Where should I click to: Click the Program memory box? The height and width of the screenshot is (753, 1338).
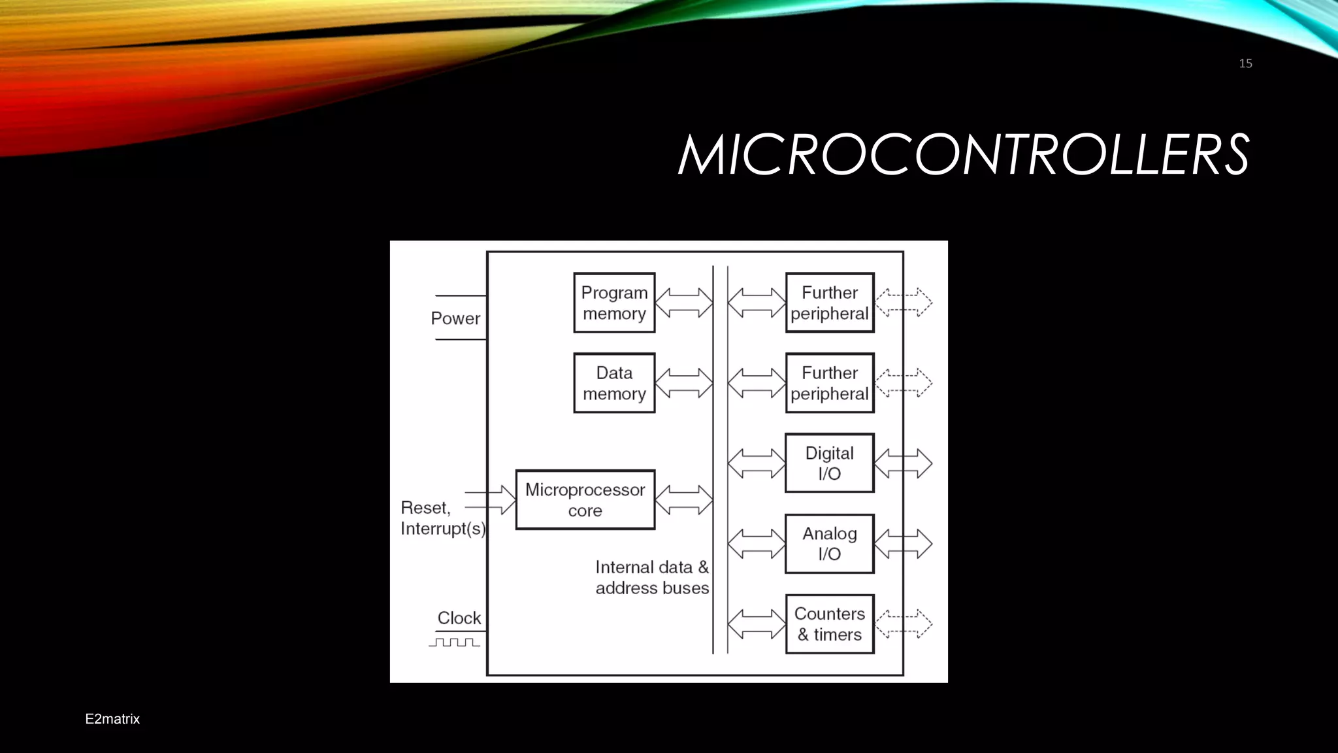pyautogui.click(x=614, y=303)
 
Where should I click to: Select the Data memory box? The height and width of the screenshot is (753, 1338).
pyautogui.click(x=614, y=383)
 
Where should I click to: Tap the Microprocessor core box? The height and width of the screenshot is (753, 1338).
pyautogui.click(x=585, y=500)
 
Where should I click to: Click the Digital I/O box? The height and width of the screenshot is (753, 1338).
pyautogui.click(x=829, y=463)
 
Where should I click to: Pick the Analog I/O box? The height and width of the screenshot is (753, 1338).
pyautogui.click(x=829, y=544)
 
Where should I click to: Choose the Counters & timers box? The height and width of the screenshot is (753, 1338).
pyautogui.click(x=829, y=624)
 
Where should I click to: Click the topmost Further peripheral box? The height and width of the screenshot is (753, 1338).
pyautogui.click(x=829, y=303)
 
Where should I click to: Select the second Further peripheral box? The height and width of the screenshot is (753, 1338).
pyautogui.click(x=829, y=383)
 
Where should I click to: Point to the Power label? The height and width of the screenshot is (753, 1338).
pyautogui.click(x=455, y=318)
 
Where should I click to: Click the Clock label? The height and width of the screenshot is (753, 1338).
pyautogui.click(x=459, y=618)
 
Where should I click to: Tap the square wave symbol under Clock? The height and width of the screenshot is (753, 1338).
pyautogui.click(x=454, y=643)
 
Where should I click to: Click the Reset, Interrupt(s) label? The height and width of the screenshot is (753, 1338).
pyautogui.click(x=442, y=518)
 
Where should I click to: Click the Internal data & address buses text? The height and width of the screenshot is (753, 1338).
pyautogui.click(x=651, y=578)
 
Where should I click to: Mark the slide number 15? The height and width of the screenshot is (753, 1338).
pyautogui.click(x=1245, y=63)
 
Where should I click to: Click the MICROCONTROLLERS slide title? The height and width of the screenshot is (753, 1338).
pyautogui.click(x=964, y=156)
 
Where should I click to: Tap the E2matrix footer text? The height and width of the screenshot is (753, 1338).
pyautogui.click(x=112, y=719)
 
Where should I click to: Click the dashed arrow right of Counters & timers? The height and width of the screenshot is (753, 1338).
pyautogui.click(x=903, y=624)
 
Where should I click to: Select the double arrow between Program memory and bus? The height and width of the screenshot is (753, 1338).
pyautogui.click(x=683, y=303)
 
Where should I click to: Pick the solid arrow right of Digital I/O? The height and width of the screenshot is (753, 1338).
pyautogui.click(x=903, y=463)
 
